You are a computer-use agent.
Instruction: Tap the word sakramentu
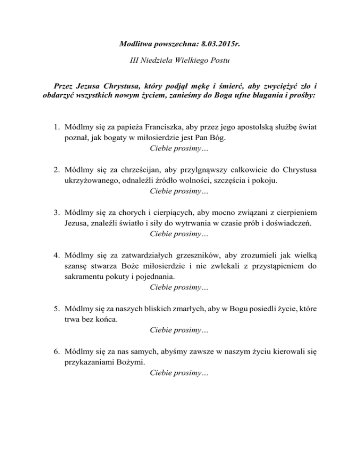point(84,276)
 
